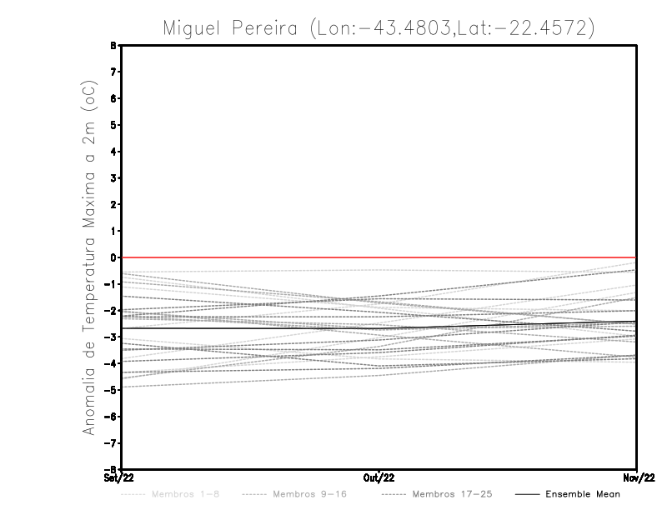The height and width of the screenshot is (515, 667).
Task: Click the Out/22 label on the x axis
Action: point(379,477)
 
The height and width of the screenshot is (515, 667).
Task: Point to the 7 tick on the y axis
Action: point(113,72)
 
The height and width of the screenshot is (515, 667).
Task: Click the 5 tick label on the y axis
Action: point(113,125)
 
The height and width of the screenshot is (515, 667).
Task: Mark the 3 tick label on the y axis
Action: point(113,178)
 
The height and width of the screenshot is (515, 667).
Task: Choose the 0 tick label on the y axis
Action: point(113,257)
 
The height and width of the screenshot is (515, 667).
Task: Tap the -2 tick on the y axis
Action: point(111,311)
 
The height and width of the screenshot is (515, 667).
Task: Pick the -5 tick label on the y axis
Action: point(111,390)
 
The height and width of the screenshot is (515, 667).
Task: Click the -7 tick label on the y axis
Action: point(111,443)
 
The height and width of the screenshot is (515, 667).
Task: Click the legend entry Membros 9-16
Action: point(308,494)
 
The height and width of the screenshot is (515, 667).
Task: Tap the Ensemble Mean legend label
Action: point(583,494)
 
